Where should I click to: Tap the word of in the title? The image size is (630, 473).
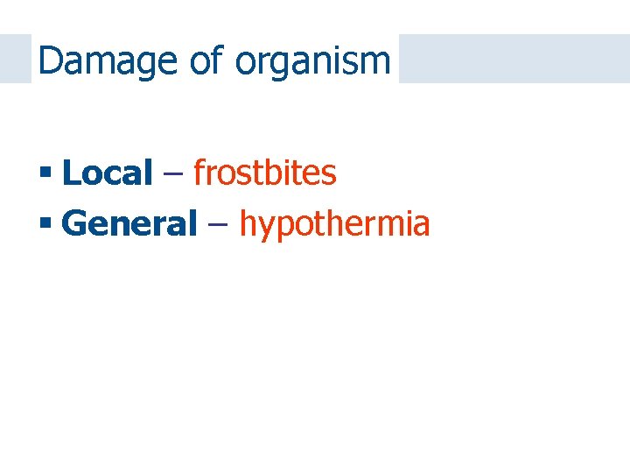pos(210,60)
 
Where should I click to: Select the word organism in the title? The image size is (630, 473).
pos(312,60)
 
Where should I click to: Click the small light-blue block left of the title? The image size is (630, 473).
pos(15,59)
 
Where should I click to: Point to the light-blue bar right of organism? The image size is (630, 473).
pos(514,59)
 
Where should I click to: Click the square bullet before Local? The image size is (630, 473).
pos(45,173)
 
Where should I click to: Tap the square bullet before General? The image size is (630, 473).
pos(45,224)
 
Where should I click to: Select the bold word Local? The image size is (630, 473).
pos(108,173)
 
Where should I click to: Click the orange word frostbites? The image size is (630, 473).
pos(264,173)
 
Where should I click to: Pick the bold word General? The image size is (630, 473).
pos(130,224)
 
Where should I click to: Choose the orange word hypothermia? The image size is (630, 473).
pos(334,224)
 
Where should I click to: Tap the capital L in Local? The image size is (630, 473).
pos(70,173)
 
